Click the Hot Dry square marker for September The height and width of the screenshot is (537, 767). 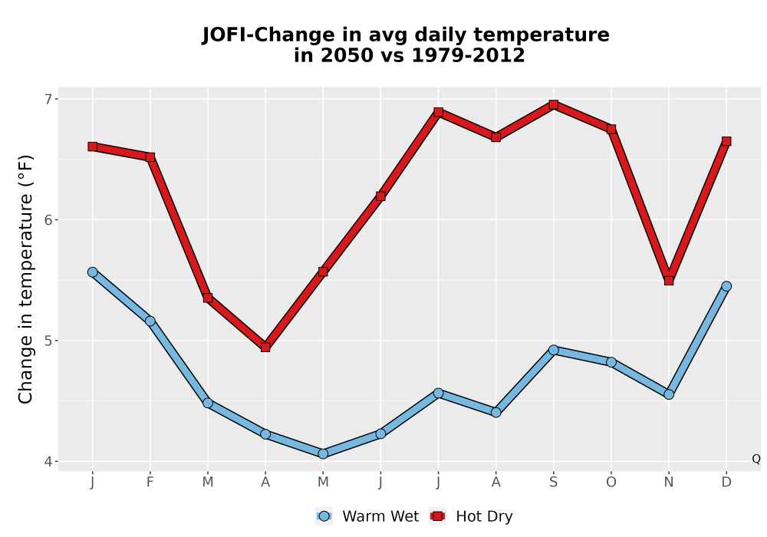click(x=553, y=104)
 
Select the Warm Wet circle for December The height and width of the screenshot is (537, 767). click(x=726, y=286)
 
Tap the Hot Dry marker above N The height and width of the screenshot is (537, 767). click(x=669, y=280)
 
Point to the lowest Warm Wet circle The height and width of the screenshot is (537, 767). click(x=323, y=454)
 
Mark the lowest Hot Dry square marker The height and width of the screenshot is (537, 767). click(x=265, y=348)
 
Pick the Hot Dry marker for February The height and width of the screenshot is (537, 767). click(x=150, y=157)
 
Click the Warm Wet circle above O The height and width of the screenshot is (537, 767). click(x=611, y=362)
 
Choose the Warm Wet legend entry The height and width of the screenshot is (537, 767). click(x=367, y=516)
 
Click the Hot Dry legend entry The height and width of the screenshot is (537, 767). click(x=471, y=516)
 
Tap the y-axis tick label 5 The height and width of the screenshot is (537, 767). click(x=48, y=341)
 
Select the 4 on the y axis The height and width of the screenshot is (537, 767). click(x=48, y=461)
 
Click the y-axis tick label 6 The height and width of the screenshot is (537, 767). click(x=48, y=219)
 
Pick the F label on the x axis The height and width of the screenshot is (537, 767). click(x=150, y=483)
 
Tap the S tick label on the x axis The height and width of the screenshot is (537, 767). click(x=553, y=483)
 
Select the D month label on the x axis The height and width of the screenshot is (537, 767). click(x=726, y=483)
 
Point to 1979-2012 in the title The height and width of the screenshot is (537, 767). click(x=468, y=55)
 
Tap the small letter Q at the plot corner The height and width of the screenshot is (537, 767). click(x=756, y=459)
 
